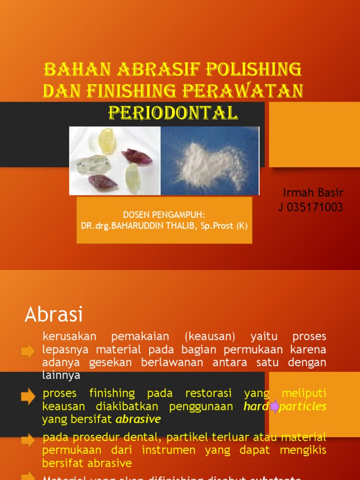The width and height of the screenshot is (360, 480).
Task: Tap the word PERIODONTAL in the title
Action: tap(173, 112)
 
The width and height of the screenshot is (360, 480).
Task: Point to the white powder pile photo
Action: tap(210, 161)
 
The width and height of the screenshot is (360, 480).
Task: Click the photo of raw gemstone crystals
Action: tap(115, 161)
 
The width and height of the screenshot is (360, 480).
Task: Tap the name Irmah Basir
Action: tap(313, 193)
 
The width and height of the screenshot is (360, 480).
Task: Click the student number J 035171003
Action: tap(311, 207)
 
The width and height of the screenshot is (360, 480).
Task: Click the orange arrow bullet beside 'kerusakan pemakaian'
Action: tap(28, 351)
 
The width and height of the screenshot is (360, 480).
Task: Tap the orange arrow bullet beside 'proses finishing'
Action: tap(28, 397)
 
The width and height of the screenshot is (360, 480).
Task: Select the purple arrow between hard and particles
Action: tap(274, 406)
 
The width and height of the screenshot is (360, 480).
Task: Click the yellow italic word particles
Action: tap(303, 406)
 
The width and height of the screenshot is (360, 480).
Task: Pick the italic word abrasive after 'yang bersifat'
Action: tap(138, 419)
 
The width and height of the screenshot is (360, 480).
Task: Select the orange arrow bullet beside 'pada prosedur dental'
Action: tap(28, 440)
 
